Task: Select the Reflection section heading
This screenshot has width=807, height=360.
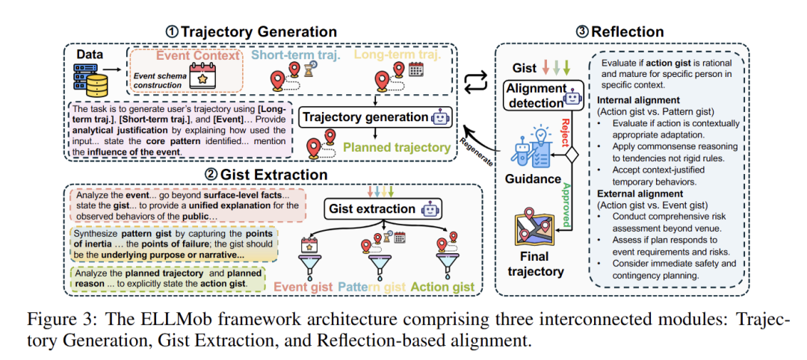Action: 627,32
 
